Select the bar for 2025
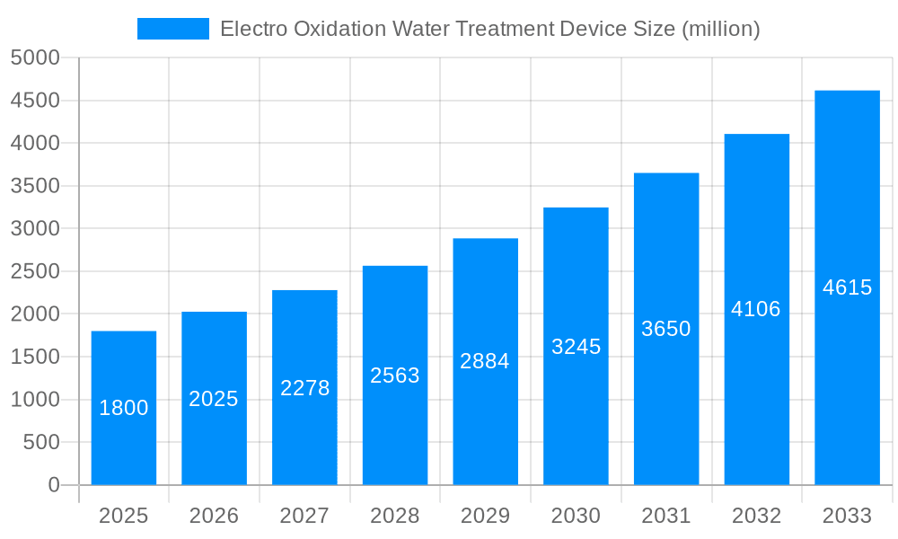point(124,408)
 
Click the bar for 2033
point(847,287)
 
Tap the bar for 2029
point(485,361)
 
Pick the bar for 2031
point(666,329)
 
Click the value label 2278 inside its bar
point(305,388)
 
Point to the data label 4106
point(756,309)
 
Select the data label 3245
point(576,347)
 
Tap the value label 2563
point(395,376)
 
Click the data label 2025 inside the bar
point(214,399)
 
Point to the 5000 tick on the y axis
point(35,58)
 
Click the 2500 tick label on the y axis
point(35,271)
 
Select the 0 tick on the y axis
point(54,485)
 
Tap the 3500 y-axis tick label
point(35,186)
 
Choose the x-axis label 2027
point(304,516)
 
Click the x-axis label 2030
point(576,516)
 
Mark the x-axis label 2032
point(756,516)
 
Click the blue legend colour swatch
point(172,29)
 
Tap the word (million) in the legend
point(720,29)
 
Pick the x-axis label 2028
point(395,516)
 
